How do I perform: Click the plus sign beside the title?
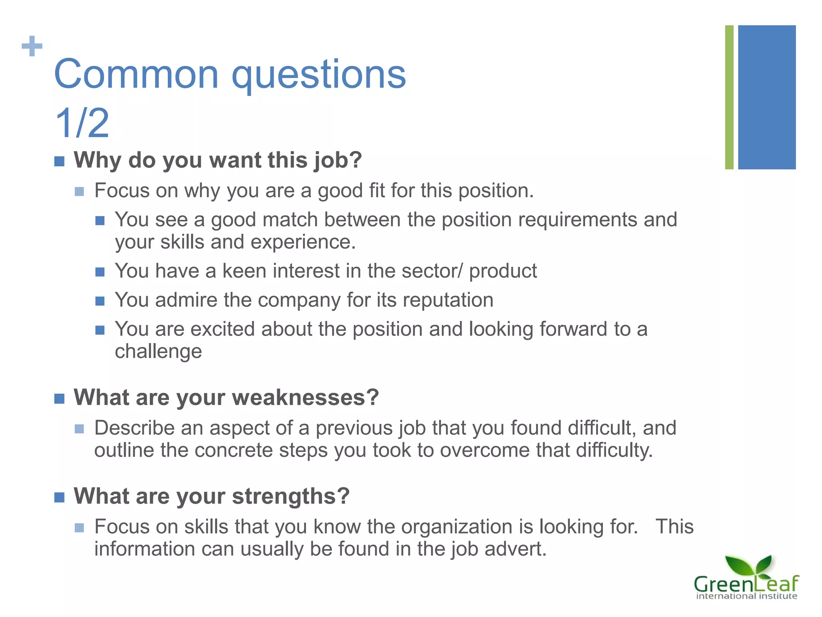coord(32,46)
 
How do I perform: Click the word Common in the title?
coord(136,74)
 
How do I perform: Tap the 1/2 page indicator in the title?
coord(82,123)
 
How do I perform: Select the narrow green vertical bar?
coord(729,97)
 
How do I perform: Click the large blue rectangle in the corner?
coord(767,97)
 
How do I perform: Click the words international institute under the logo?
coord(746,596)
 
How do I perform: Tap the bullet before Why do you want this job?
coord(59,161)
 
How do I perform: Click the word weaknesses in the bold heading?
coord(305,398)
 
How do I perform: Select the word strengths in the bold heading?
coord(291,496)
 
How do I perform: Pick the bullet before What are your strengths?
coord(59,498)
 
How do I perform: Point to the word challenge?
coord(159,351)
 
